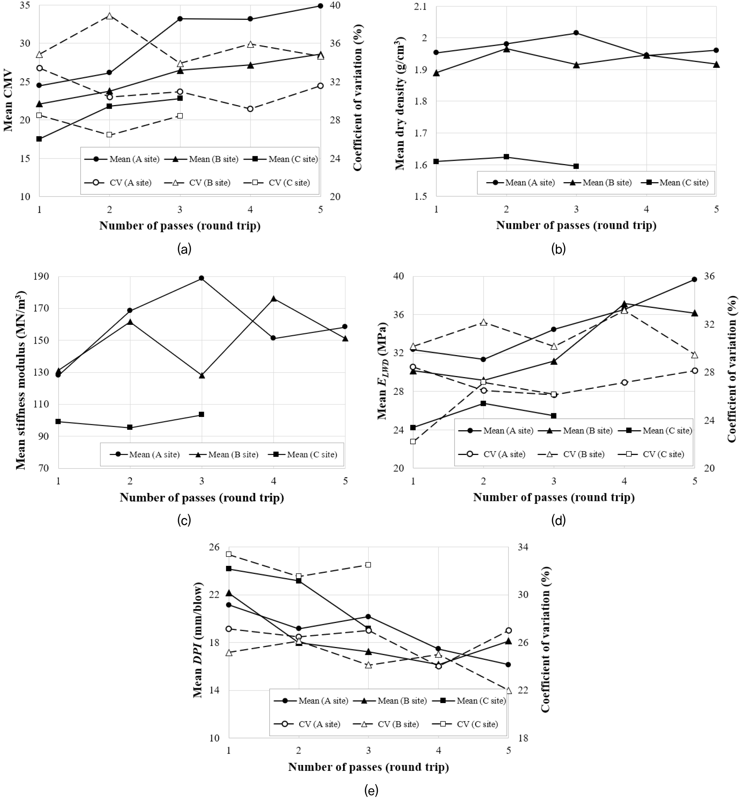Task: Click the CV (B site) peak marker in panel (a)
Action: (110, 16)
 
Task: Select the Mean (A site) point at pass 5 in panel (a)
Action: (321, 6)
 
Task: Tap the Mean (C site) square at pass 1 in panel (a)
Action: (39, 139)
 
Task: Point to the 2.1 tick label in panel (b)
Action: (420, 7)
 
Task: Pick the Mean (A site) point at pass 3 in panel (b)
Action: (576, 33)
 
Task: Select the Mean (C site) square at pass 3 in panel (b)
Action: (576, 166)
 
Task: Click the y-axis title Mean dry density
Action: (400, 103)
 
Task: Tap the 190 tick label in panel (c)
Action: (41, 276)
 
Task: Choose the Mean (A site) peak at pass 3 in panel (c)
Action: (202, 278)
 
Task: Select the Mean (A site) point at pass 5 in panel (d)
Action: (695, 279)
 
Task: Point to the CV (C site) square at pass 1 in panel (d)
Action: (413, 442)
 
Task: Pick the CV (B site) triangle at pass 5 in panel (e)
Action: (508, 691)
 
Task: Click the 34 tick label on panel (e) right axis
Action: (523, 547)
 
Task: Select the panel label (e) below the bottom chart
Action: (371, 791)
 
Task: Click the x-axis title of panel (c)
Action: (202, 497)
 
